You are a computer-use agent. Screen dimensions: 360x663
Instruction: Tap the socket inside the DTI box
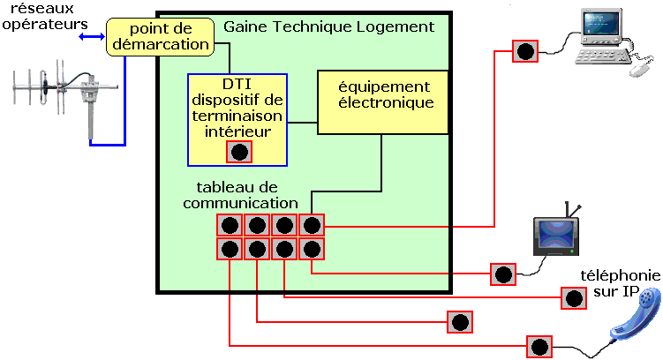[239, 151]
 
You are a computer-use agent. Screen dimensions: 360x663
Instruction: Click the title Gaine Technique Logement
[328, 26]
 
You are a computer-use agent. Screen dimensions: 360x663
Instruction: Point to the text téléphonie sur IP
[619, 281]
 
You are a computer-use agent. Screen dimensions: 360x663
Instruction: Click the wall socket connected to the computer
[525, 51]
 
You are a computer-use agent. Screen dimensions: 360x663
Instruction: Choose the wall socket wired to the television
[502, 274]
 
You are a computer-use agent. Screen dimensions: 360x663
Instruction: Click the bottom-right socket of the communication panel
[311, 249]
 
